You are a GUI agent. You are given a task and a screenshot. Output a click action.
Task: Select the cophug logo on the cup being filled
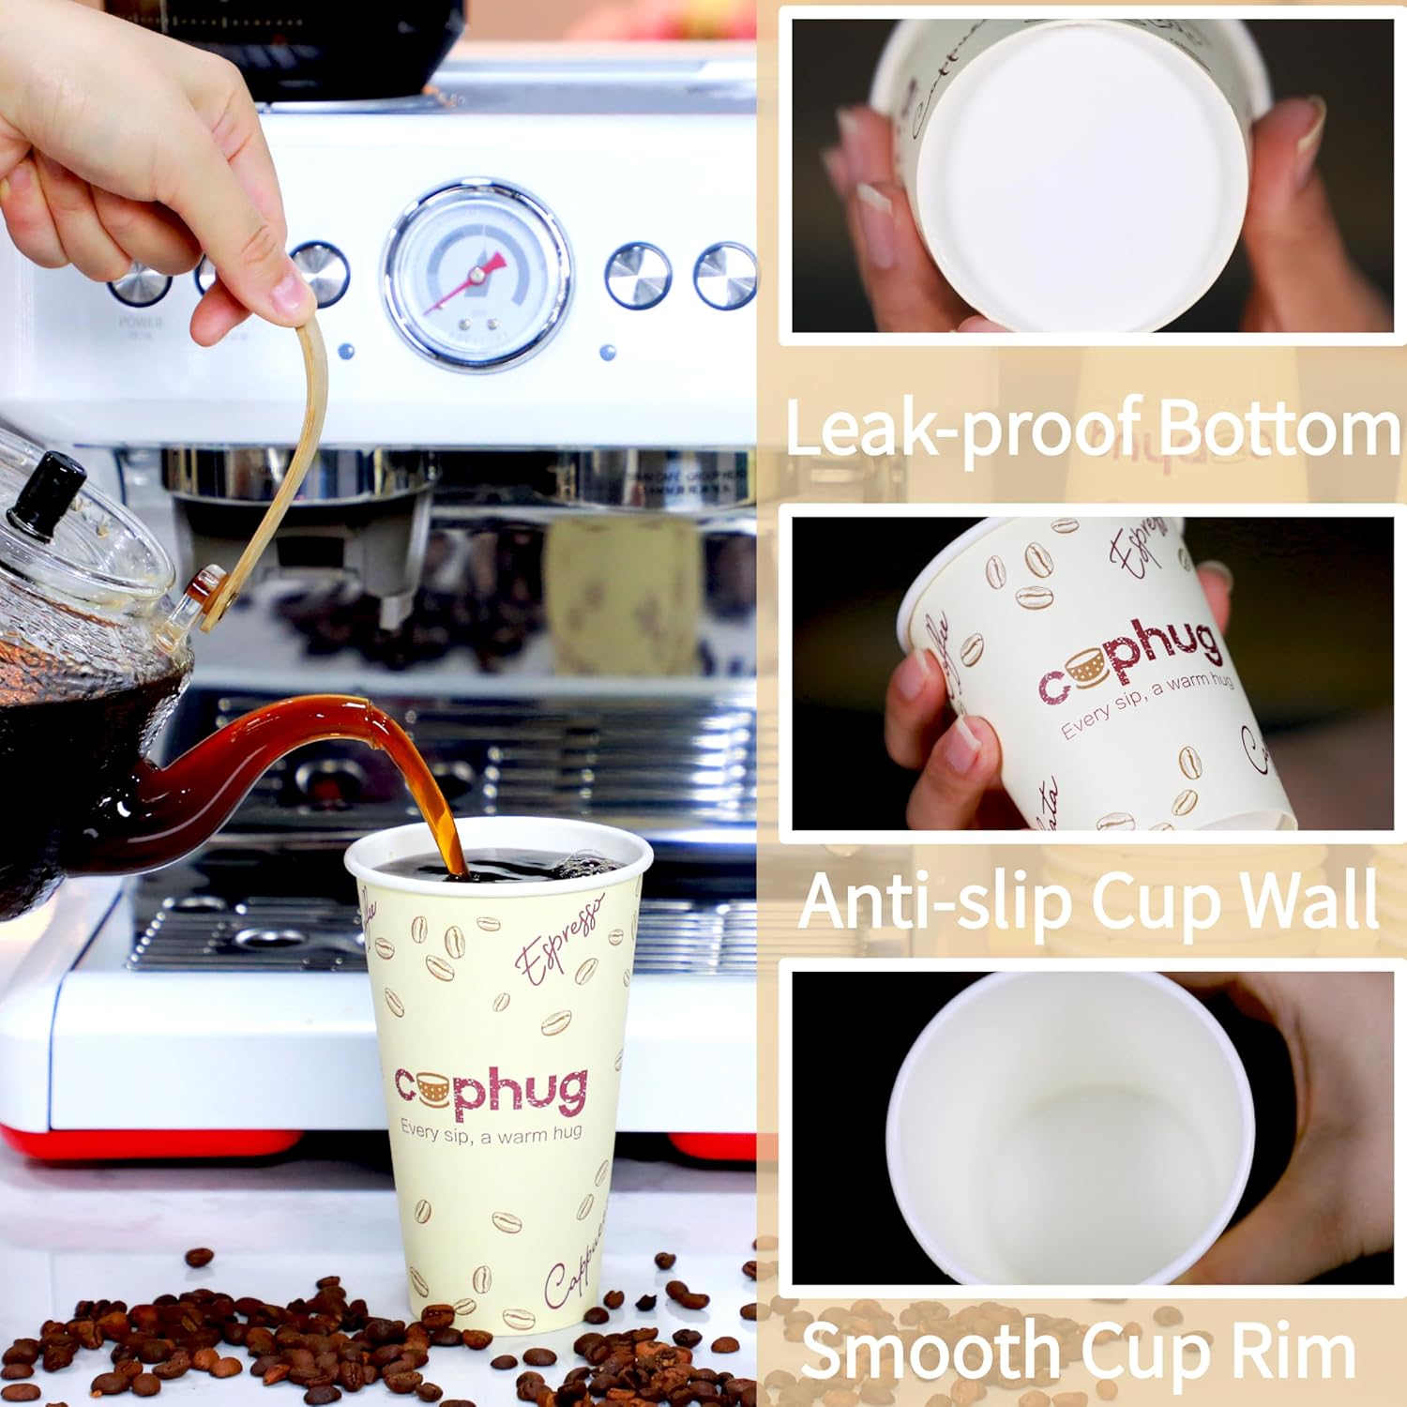click(x=491, y=1091)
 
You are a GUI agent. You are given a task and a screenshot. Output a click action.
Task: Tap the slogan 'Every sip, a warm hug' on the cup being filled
click(x=491, y=1132)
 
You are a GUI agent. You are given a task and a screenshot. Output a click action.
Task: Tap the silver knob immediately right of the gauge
click(x=638, y=275)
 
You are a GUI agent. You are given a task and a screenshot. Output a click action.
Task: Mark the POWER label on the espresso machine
click(x=140, y=322)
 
